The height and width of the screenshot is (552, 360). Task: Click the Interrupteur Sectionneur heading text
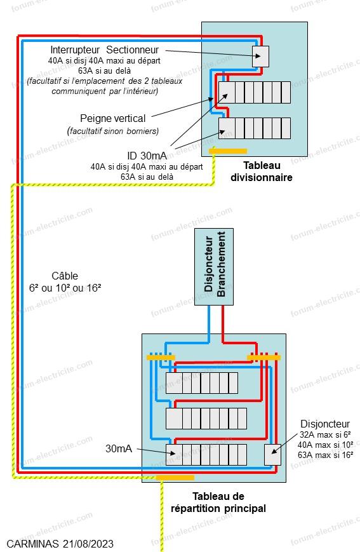[x=104, y=50]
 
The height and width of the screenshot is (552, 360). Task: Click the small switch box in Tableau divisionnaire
[x=260, y=57]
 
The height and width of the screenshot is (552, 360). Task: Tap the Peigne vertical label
[x=112, y=118]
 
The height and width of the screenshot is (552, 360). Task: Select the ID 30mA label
[x=147, y=156]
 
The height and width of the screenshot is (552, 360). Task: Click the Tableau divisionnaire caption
[x=262, y=172]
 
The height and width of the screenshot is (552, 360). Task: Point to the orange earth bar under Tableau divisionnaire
[x=228, y=151]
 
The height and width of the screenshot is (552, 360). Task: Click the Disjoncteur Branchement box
[x=214, y=267]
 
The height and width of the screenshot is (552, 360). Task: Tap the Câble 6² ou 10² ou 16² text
[x=65, y=282]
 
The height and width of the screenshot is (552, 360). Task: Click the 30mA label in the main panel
[x=119, y=448]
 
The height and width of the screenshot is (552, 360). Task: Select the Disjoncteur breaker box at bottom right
[x=273, y=455]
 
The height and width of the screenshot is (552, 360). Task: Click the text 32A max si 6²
[x=325, y=434]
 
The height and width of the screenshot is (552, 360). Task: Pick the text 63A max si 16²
[x=326, y=455]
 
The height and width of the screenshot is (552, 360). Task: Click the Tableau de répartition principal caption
[x=218, y=502]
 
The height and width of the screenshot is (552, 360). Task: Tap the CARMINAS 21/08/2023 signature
[x=60, y=544]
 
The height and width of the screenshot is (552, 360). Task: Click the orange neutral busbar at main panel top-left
[x=161, y=358]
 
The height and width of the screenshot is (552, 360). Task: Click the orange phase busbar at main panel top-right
[x=264, y=358]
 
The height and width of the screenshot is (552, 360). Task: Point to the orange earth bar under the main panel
[x=175, y=478]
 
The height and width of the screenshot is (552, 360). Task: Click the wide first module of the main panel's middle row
[x=174, y=418]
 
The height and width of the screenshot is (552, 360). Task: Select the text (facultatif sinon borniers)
[x=113, y=131]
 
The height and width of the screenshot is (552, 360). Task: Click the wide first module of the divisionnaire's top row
[x=227, y=92]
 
